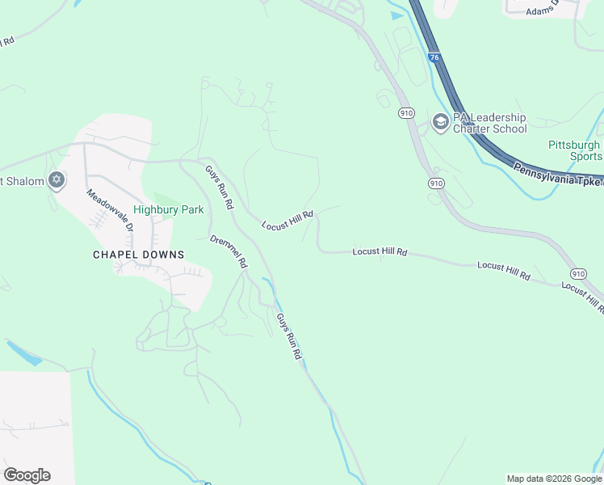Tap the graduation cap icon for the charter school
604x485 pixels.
440,122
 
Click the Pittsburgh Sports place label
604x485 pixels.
575,150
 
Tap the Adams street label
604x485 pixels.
540,11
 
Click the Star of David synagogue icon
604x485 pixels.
56,180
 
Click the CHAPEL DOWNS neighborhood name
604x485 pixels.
138,255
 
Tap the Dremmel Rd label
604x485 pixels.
229,251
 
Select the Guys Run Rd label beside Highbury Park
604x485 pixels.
219,187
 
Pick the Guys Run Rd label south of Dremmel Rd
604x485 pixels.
289,336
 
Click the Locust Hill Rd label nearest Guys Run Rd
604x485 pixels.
287,219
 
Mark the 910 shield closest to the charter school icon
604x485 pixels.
406,114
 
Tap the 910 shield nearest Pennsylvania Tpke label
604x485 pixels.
436,183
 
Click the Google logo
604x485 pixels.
27,475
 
